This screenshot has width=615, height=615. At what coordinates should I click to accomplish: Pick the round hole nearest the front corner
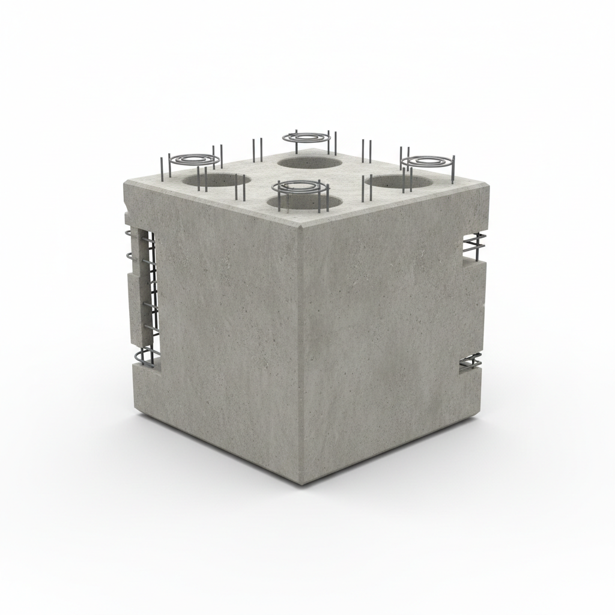(304, 201)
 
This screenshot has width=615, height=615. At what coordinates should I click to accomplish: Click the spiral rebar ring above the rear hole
(307, 138)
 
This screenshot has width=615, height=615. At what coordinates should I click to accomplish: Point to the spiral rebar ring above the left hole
(193, 160)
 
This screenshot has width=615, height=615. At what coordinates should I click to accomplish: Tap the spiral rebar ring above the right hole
(427, 161)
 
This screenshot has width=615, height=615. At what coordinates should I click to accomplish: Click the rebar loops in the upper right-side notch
(474, 243)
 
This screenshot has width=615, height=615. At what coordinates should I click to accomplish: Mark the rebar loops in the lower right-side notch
(471, 362)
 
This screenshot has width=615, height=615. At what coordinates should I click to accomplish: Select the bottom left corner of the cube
(134, 413)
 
